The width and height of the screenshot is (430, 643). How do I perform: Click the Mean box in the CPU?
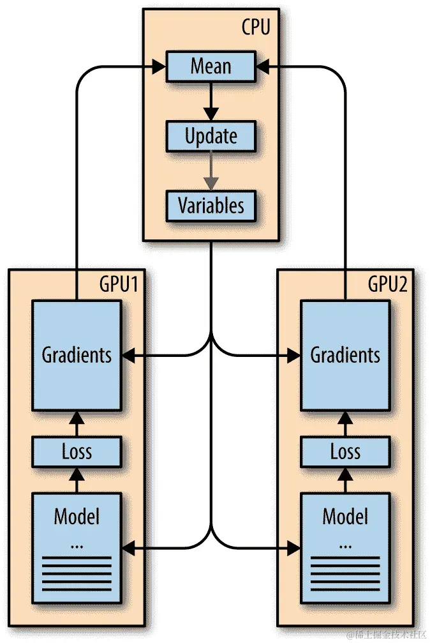pos(211,66)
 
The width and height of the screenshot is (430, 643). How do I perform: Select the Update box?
pos(211,136)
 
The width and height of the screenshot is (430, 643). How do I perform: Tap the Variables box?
pos(211,206)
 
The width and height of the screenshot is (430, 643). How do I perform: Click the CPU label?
pos(256,27)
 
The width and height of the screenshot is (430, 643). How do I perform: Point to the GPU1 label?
pos(119,284)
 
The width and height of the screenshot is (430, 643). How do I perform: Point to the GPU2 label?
pos(387,284)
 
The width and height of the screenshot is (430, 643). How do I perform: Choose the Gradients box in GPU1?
pos(77,355)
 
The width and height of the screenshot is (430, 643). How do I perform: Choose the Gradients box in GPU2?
pos(345,355)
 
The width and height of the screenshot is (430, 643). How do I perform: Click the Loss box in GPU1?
pos(77,452)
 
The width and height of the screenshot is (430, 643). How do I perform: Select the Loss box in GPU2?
pos(345,452)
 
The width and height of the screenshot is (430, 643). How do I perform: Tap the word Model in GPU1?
pos(77,515)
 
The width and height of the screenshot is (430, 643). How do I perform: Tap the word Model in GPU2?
pos(345,515)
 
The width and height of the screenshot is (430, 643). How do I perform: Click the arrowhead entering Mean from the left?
pos(158,65)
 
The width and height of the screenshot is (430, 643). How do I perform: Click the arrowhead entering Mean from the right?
pos(263,65)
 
